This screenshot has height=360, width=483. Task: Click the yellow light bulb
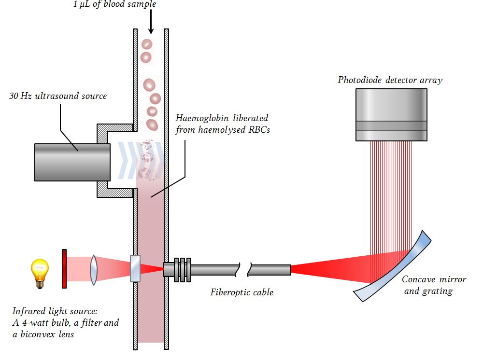pos(40,272)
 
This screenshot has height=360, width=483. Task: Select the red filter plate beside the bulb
pos(64,269)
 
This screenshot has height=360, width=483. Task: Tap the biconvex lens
pos(94,269)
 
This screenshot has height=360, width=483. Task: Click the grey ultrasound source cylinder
pos(72,162)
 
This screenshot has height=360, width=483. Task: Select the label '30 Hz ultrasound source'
pos(58,96)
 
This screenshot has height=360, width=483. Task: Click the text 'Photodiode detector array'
pos(390,80)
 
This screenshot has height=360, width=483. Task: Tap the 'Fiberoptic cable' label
pos(241,292)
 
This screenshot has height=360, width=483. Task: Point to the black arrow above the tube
pos(151,22)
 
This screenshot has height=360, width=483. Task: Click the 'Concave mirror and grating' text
pos(434,285)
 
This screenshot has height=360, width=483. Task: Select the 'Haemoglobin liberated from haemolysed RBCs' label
pos(222,124)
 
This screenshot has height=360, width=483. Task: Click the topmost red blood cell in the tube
pos(147,44)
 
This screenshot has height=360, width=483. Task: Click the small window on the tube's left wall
pos(136,269)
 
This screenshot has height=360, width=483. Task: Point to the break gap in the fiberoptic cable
pos(244,270)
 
